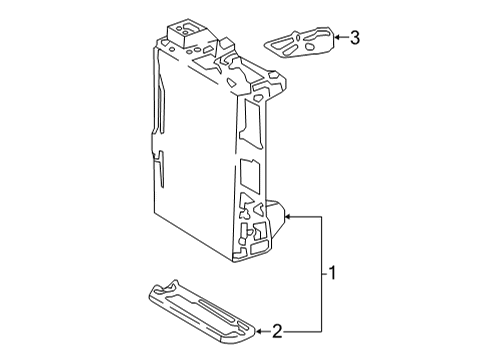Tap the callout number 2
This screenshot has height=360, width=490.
point(279,329)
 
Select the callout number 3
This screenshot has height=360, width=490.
point(353,38)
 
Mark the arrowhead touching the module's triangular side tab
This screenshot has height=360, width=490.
point(288,215)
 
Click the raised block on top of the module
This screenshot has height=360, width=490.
point(186,33)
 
